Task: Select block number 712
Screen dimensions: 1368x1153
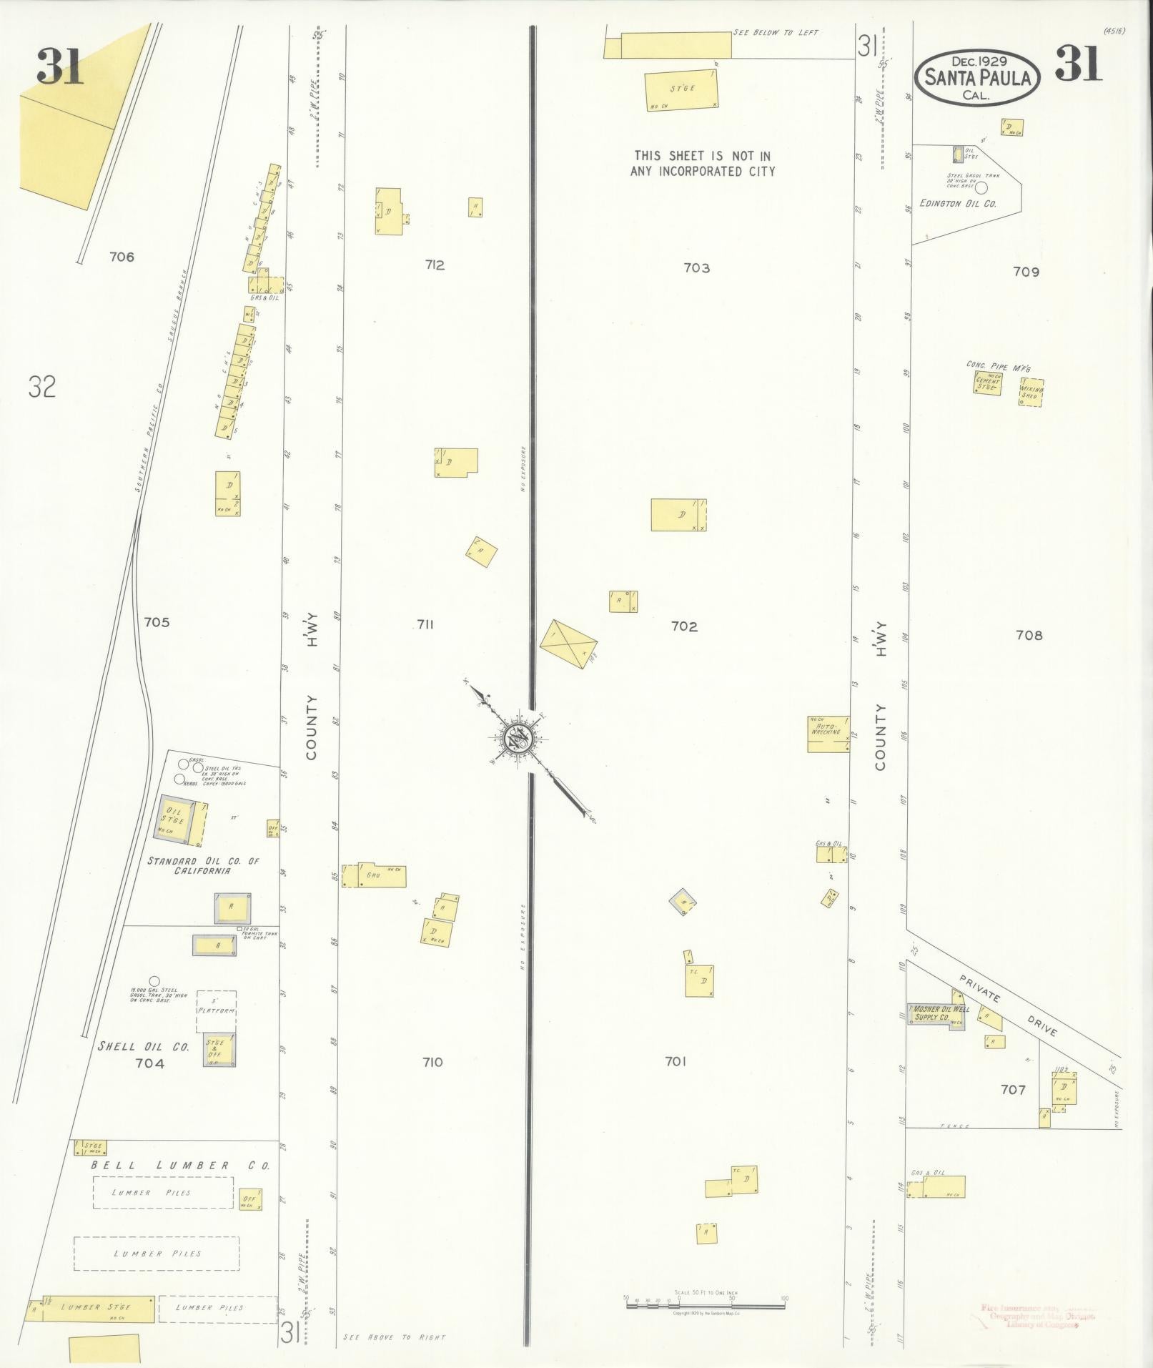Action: (434, 265)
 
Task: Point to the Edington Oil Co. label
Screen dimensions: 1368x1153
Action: (958, 204)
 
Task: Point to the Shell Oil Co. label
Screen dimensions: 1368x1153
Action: (143, 1046)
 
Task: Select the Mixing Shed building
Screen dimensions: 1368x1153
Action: (1031, 393)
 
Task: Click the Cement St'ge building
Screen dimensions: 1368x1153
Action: (988, 383)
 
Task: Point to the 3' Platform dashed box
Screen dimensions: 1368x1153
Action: (216, 1011)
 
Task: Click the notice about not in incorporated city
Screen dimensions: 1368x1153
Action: (702, 163)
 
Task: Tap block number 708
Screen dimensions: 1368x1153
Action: (1029, 635)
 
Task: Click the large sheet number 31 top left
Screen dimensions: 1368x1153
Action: (60, 67)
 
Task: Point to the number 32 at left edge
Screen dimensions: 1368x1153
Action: (42, 387)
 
